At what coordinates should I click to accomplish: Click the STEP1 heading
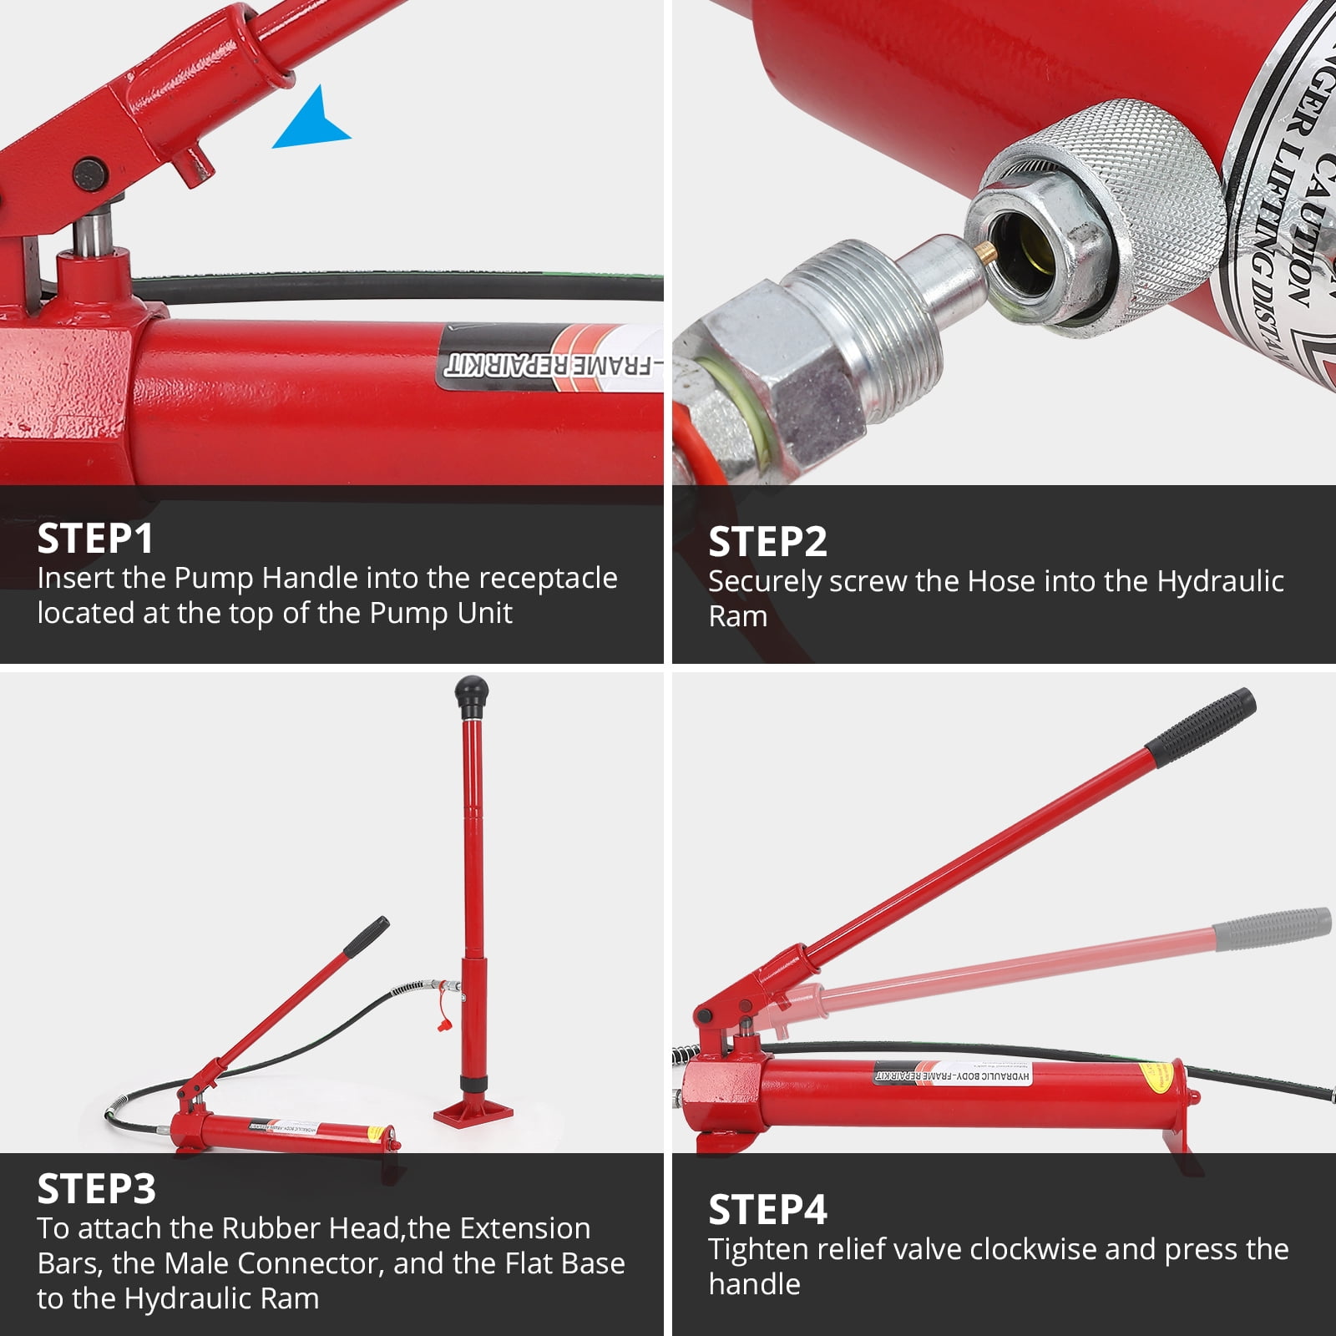point(95,539)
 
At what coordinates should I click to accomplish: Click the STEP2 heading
point(767,542)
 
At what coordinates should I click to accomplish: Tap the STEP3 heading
point(96,1189)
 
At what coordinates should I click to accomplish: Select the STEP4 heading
point(767,1209)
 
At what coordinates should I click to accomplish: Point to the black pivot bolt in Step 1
point(90,175)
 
